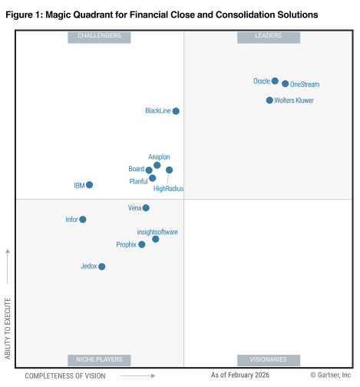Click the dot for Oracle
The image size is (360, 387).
pos(275,81)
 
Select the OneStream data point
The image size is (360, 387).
pos(286,84)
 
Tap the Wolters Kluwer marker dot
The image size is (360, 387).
pos(269,100)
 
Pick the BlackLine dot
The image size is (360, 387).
pos(176,111)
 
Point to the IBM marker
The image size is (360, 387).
pos(90,185)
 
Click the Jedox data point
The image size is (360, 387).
pos(102,266)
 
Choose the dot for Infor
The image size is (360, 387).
pos(83,220)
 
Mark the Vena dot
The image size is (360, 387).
pos(146,208)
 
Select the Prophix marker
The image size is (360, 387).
pos(142,245)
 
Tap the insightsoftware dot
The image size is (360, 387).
pos(156,239)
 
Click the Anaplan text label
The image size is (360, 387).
pos(159,157)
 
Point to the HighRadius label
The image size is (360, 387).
pos(168,188)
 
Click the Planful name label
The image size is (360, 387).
pos(138,181)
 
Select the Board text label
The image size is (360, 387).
pos(136,169)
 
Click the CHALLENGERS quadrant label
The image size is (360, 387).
pos(100,36)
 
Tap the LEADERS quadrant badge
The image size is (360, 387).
pos(269,36)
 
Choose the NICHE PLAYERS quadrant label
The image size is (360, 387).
pos(100,359)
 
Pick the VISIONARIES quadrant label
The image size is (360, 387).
pos(269,359)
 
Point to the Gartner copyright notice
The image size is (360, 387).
pos(330,375)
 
